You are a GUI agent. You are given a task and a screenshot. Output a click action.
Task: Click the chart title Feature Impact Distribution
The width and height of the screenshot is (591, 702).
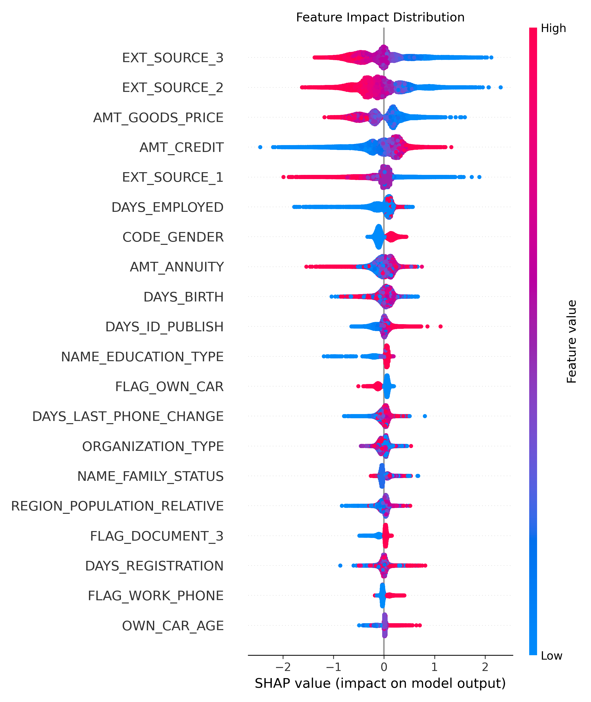[x=380, y=17]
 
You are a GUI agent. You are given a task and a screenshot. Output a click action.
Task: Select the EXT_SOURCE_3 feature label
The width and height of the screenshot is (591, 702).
[x=173, y=58]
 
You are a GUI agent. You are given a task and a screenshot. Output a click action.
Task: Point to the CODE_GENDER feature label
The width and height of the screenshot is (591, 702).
[x=173, y=237]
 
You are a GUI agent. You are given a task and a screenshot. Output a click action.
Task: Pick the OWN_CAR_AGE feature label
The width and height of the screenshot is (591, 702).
[x=173, y=626]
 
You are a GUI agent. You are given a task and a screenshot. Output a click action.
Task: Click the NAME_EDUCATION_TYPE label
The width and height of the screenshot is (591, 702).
[x=142, y=357]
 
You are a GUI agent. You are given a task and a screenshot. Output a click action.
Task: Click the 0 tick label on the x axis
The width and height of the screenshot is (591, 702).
[x=384, y=667]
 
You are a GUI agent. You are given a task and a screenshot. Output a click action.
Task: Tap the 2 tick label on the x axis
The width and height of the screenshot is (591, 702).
[x=485, y=667]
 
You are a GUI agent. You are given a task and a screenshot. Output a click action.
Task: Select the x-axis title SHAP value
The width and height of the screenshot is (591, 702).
[x=380, y=683]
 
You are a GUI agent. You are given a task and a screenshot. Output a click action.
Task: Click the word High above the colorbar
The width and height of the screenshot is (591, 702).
[x=553, y=29]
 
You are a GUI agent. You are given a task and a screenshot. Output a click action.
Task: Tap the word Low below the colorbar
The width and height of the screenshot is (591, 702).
[x=551, y=656]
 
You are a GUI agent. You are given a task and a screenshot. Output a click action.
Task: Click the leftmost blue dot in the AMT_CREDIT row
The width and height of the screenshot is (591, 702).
[x=260, y=147]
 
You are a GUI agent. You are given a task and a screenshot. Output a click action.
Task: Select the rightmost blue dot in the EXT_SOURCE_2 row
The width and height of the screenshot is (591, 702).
[x=501, y=87]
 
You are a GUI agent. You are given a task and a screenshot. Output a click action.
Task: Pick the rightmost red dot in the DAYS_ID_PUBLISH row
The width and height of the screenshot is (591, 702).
[x=441, y=326]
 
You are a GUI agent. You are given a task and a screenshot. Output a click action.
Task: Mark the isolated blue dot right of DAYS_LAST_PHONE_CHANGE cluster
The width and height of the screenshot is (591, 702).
[x=425, y=416]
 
